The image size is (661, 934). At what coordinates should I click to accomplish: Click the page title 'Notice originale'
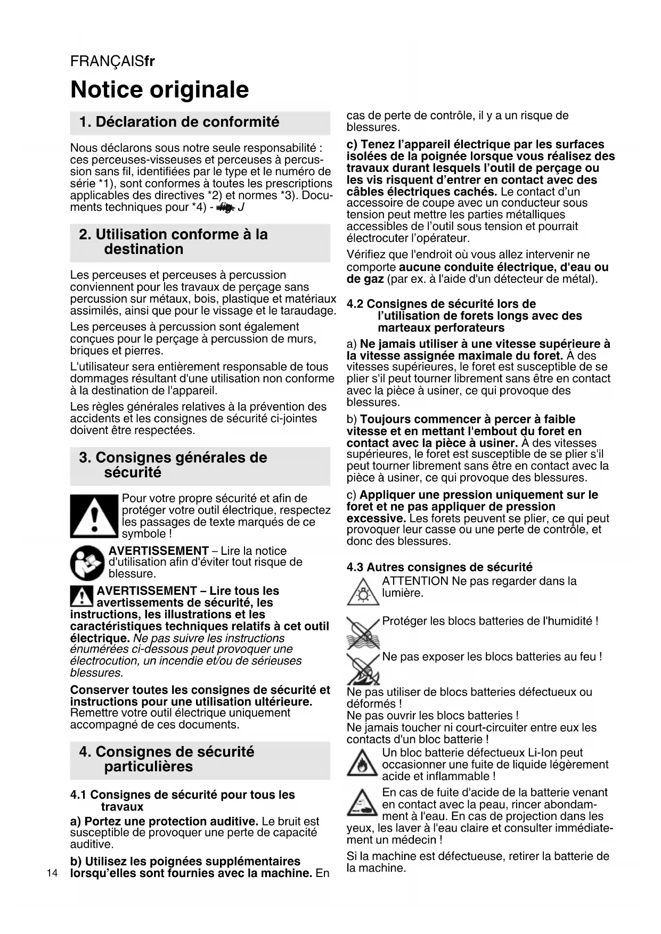click(159, 89)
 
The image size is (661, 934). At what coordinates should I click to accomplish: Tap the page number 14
click(52, 873)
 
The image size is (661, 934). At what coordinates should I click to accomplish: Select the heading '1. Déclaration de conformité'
click(179, 122)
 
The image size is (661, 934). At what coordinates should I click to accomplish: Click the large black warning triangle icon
click(94, 517)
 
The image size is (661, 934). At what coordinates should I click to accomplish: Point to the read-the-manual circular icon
click(87, 562)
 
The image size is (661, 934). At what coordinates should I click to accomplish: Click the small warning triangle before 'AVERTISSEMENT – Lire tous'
click(81, 596)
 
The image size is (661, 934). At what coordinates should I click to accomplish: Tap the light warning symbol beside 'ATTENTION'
click(363, 592)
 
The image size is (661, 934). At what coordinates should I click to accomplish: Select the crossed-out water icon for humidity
click(363, 632)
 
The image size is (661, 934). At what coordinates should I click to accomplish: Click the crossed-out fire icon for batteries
click(363, 669)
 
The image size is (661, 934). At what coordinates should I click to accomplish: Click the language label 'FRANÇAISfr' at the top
click(112, 62)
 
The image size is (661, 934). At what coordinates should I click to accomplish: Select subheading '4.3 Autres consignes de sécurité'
click(439, 567)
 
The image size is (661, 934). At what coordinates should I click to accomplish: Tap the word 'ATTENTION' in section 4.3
click(415, 581)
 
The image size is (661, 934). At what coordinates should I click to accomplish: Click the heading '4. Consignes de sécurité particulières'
click(167, 759)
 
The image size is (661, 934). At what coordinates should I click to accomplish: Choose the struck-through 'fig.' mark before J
click(225, 207)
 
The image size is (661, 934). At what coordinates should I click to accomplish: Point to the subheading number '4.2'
click(355, 304)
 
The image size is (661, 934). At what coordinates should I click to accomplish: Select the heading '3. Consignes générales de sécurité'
click(173, 465)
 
